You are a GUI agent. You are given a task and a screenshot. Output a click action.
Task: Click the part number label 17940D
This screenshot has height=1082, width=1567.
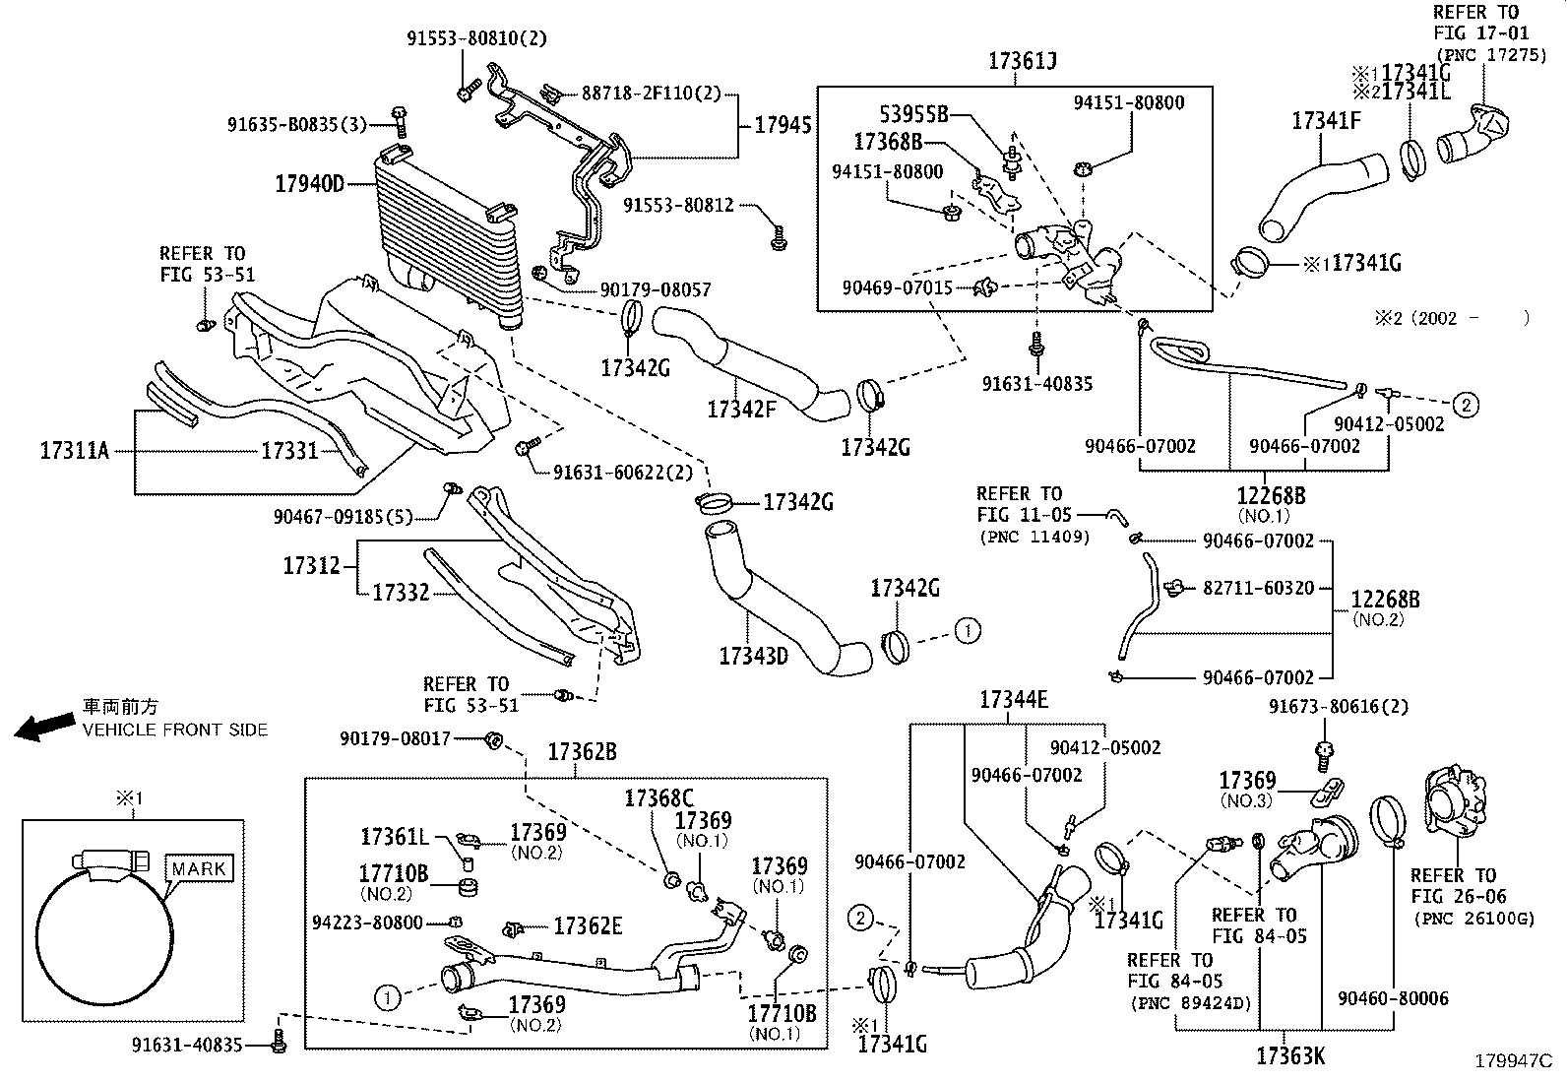pyautogui.click(x=309, y=184)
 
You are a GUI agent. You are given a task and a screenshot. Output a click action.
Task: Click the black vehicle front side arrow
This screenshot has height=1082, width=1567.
pyautogui.click(x=45, y=727)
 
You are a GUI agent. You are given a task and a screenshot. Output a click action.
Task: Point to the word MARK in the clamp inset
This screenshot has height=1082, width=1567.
pyautogui.click(x=200, y=869)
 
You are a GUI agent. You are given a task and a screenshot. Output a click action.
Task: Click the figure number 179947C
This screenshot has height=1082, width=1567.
pyautogui.click(x=1512, y=1061)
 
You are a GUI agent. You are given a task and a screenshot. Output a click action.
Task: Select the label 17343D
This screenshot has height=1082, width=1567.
pyautogui.click(x=753, y=657)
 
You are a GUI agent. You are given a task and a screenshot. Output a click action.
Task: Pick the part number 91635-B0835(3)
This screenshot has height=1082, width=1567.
pyautogui.click(x=296, y=125)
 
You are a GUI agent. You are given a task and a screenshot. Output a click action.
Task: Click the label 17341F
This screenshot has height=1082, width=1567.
pyautogui.click(x=1326, y=121)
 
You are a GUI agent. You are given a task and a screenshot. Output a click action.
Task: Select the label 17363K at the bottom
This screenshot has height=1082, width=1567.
pyautogui.click(x=1290, y=1057)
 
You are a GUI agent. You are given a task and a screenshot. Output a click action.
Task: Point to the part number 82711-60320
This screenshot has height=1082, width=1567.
pyautogui.click(x=1258, y=588)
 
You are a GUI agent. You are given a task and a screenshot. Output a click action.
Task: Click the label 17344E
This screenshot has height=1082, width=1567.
pyautogui.click(x=1013, y=701)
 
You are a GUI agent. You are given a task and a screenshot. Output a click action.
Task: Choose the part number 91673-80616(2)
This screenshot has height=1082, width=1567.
pyautogui.click(x=1338, y=707)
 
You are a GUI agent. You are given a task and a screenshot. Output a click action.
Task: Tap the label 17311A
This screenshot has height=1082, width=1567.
pyautogui.click(x=74, y=451)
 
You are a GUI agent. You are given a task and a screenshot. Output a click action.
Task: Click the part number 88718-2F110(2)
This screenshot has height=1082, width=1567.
pyautogui.click(x=651, y=95)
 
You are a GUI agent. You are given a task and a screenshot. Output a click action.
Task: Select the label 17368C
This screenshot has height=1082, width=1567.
pyautogui.click(x=658, y=798)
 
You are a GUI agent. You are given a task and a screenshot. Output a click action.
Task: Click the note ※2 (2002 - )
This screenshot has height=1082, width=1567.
pyautogui.click(x=1452, y=318)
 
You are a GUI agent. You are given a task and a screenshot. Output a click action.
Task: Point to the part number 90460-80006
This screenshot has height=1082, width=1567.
pyautogui.click(x=1393, y=998)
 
